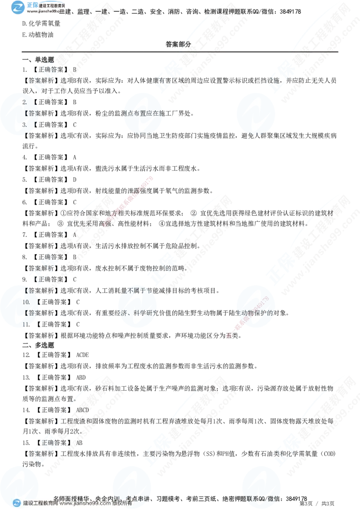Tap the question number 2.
pyautogui.click(x=25, y=103)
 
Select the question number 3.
pyautogui.click(x=25, y=125)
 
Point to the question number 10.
pyautogui.click(x=26, y=302)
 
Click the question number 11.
pyautogui.click(x=26, y=324)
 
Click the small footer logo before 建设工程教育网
pyautogui.click(x=17, y=504)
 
